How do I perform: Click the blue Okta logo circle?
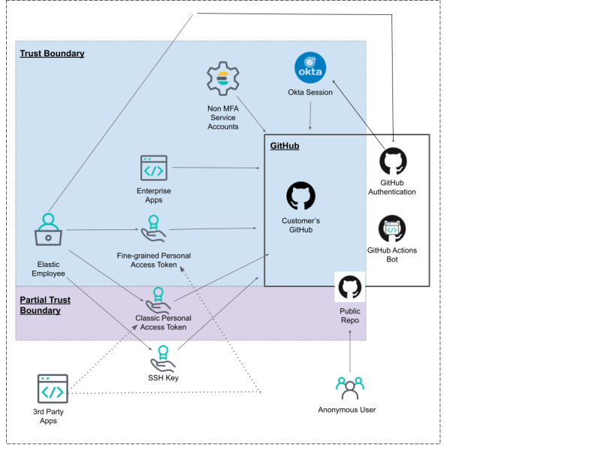click(310, 68)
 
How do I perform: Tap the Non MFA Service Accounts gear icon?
click(222, 79)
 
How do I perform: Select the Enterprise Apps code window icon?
click(154, 168)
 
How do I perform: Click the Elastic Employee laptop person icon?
click(48, 229)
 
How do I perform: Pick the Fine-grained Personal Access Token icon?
click(153, 229)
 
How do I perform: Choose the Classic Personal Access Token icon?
click(158, 301)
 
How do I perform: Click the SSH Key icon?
click(163, 359)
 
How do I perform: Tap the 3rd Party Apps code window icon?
click(53, 389)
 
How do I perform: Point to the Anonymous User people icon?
click(349, 389)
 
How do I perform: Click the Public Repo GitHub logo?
click(349, 287)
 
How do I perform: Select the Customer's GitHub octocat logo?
click(301, 195)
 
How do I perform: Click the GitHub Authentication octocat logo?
click(393, 161)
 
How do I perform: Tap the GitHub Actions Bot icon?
click(392, 229)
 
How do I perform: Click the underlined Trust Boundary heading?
click(52, 53)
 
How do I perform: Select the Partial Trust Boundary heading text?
click(45, 305)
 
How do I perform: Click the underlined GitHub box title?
click(285, 146)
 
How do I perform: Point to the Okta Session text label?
click(310, 92)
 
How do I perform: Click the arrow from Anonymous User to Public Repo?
click(350, 351)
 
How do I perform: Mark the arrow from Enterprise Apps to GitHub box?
click(216, 168)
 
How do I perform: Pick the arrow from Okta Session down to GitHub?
click(310, 116)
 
